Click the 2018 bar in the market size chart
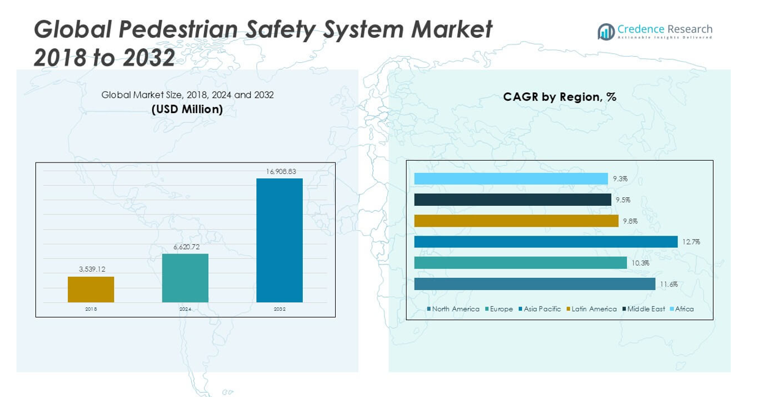tap(91, 290)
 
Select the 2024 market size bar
tap(185, 278)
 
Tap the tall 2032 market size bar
tap(280, 240)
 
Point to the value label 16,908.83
tap(281, 172)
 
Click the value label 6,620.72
tap(186, 247)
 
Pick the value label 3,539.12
tap(92, 269)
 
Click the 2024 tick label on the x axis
tap(185, 309)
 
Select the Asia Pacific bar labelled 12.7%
tap(546, 242)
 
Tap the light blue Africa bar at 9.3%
tap(511, 179)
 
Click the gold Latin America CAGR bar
tap(516, 221)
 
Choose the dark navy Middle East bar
tap(512, 200)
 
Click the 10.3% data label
tap(640, 263)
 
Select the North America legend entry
tap(455, 309)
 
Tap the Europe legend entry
tap(501, 309)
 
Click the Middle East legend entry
tap(645, 309)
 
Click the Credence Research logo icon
tap(606, 32)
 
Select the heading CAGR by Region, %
tap(559, 97)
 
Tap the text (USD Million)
tap(187, 109)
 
